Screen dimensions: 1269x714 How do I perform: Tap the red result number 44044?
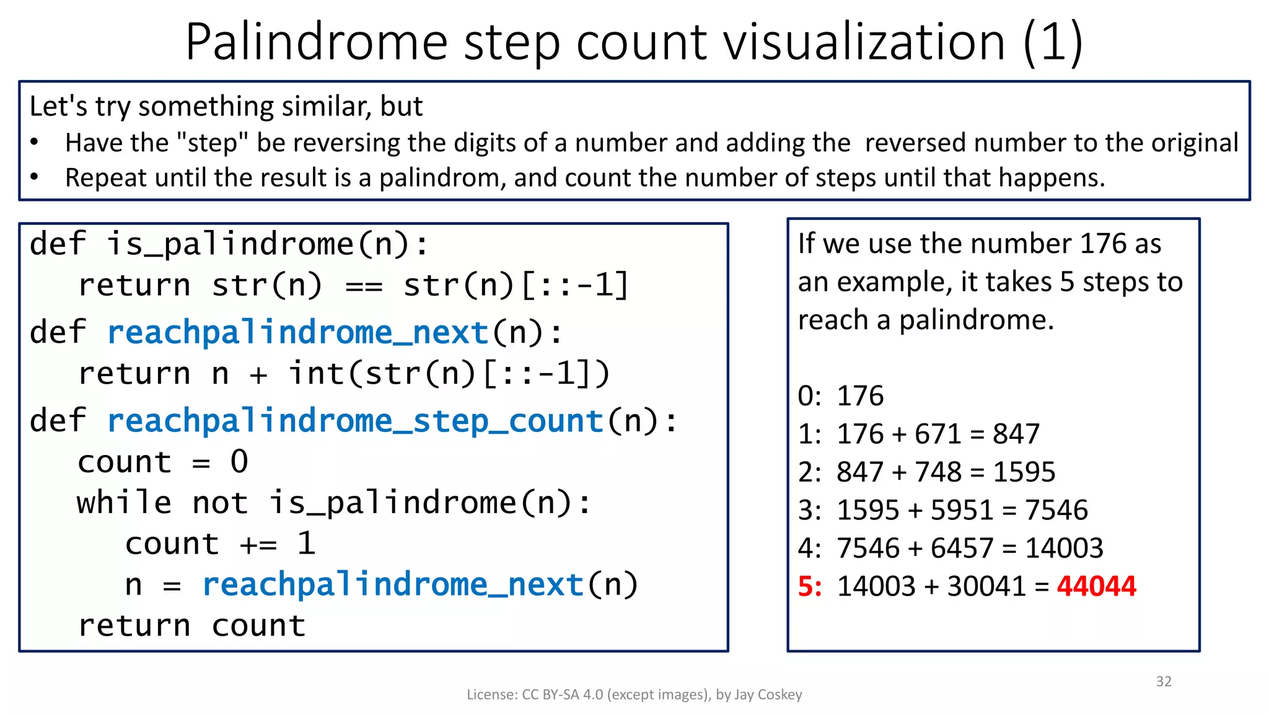pos(1096,586)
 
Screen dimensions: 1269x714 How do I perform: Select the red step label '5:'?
pos(810,586)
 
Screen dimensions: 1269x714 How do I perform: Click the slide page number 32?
pos(1164,682)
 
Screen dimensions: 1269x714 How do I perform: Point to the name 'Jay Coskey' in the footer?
pos(768,695)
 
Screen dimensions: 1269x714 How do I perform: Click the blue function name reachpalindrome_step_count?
pos(356,421)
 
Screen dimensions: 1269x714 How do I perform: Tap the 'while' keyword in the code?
pos(124,503)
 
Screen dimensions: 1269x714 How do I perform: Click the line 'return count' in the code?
pos(192,626)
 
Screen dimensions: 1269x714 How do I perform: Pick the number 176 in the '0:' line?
pos(860,396)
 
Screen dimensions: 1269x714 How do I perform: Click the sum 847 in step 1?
pos(1016,434)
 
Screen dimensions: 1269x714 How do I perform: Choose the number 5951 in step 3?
pos(962,510)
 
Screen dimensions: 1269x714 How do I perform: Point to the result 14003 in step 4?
pos(1064,549)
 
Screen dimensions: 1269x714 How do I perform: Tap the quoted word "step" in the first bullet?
pos(213,143)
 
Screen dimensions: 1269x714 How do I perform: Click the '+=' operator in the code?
pos(258,544)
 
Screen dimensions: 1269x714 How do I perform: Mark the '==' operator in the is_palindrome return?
pos(364,286)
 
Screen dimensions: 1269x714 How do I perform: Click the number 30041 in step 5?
pos(986,586)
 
